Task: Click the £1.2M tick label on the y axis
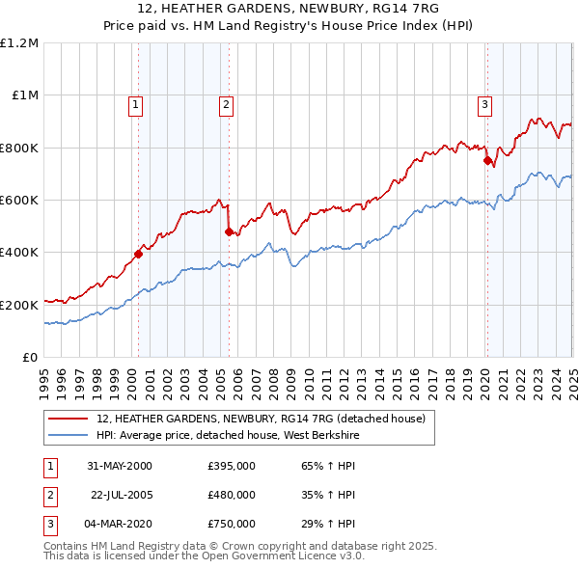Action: (19, 43)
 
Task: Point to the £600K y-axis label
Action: (19, 201)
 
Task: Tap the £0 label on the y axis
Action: (31, 357)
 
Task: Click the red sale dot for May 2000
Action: (138, 254)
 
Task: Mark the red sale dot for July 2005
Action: (229, 231)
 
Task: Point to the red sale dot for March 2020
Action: (487, 161)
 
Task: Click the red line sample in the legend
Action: (69, 420)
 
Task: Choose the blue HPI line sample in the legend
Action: (69, 435)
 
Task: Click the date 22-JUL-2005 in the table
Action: (123, 495)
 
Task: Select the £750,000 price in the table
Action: (232, 524)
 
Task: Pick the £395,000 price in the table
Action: (232, 466)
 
